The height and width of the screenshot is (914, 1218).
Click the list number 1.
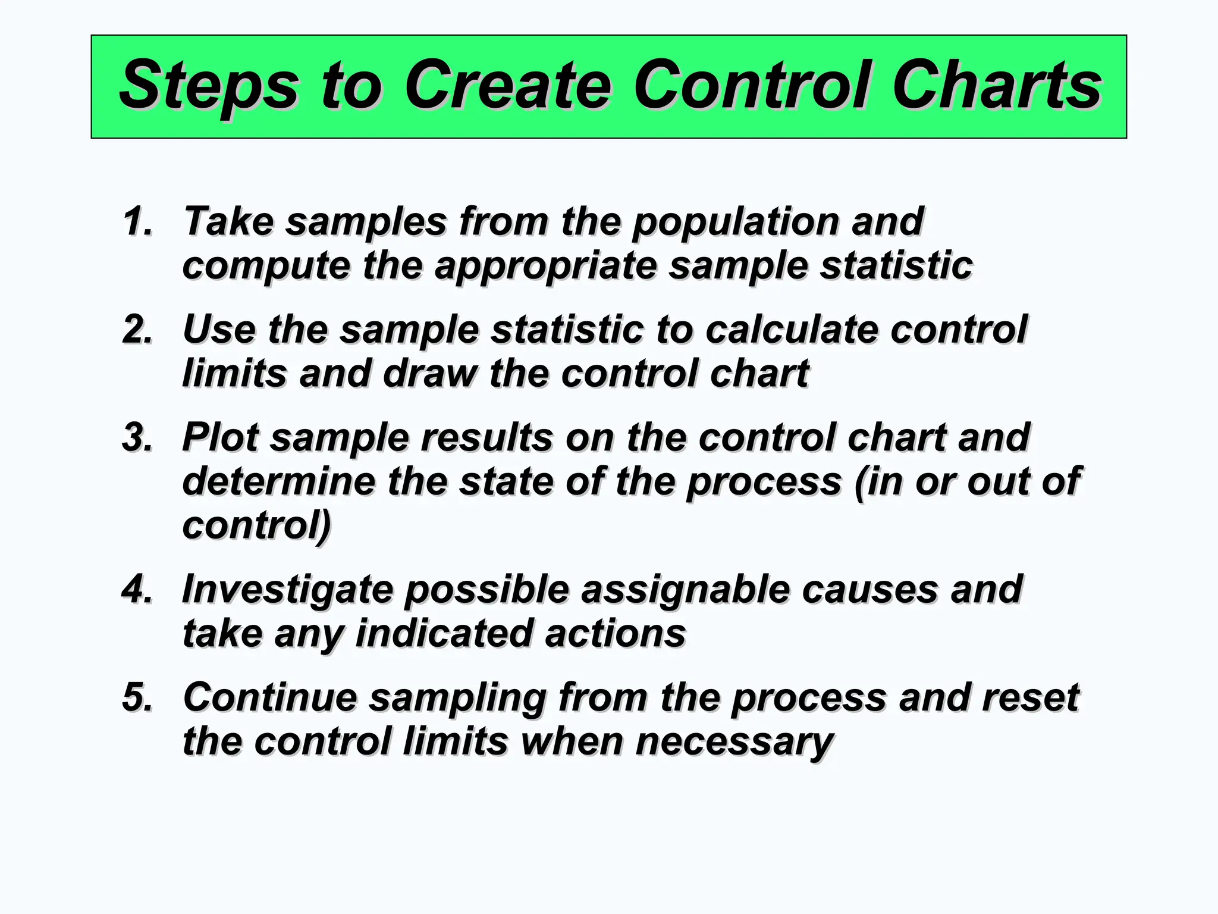click(x=137, y=221)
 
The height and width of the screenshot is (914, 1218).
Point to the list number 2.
click(x=137, y=330)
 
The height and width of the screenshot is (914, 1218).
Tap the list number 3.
click(x=137, y=437)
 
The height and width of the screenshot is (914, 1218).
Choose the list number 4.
click(x=137, y=589)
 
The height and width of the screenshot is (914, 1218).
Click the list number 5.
click(x=137, y=697)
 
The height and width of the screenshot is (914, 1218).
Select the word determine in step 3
click(x=278, y=481)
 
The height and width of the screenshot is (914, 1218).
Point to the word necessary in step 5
click(x=734, y=742)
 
